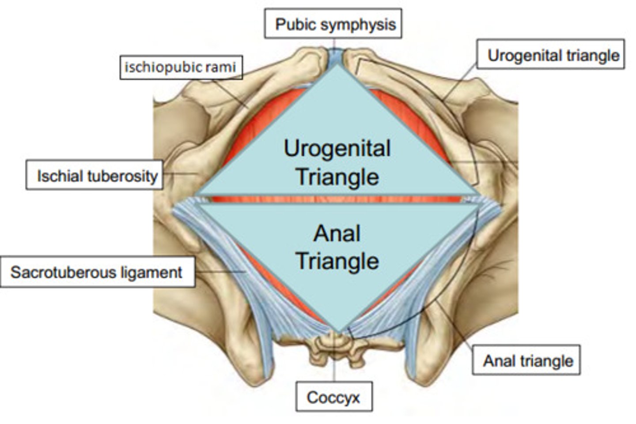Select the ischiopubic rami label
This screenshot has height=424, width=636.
pyautogui.click(x=181, y=68)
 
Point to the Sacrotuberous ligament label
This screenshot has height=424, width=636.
pyautogui.click(x=97, y=272)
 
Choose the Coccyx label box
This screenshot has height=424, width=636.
pyautogui.click(x=333, y=397)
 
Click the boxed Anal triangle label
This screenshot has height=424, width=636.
pyautogui.click(x=527, y=360)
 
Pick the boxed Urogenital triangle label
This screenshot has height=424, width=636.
pyautogui.click(x=552, y=55)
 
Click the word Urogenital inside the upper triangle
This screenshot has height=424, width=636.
pyautogui.click(x=337, y=149)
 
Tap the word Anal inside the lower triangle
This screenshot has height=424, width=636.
pyautogui.click(x=337, y=233)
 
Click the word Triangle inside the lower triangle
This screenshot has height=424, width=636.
pyautogui.click(x=337, y=261)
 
